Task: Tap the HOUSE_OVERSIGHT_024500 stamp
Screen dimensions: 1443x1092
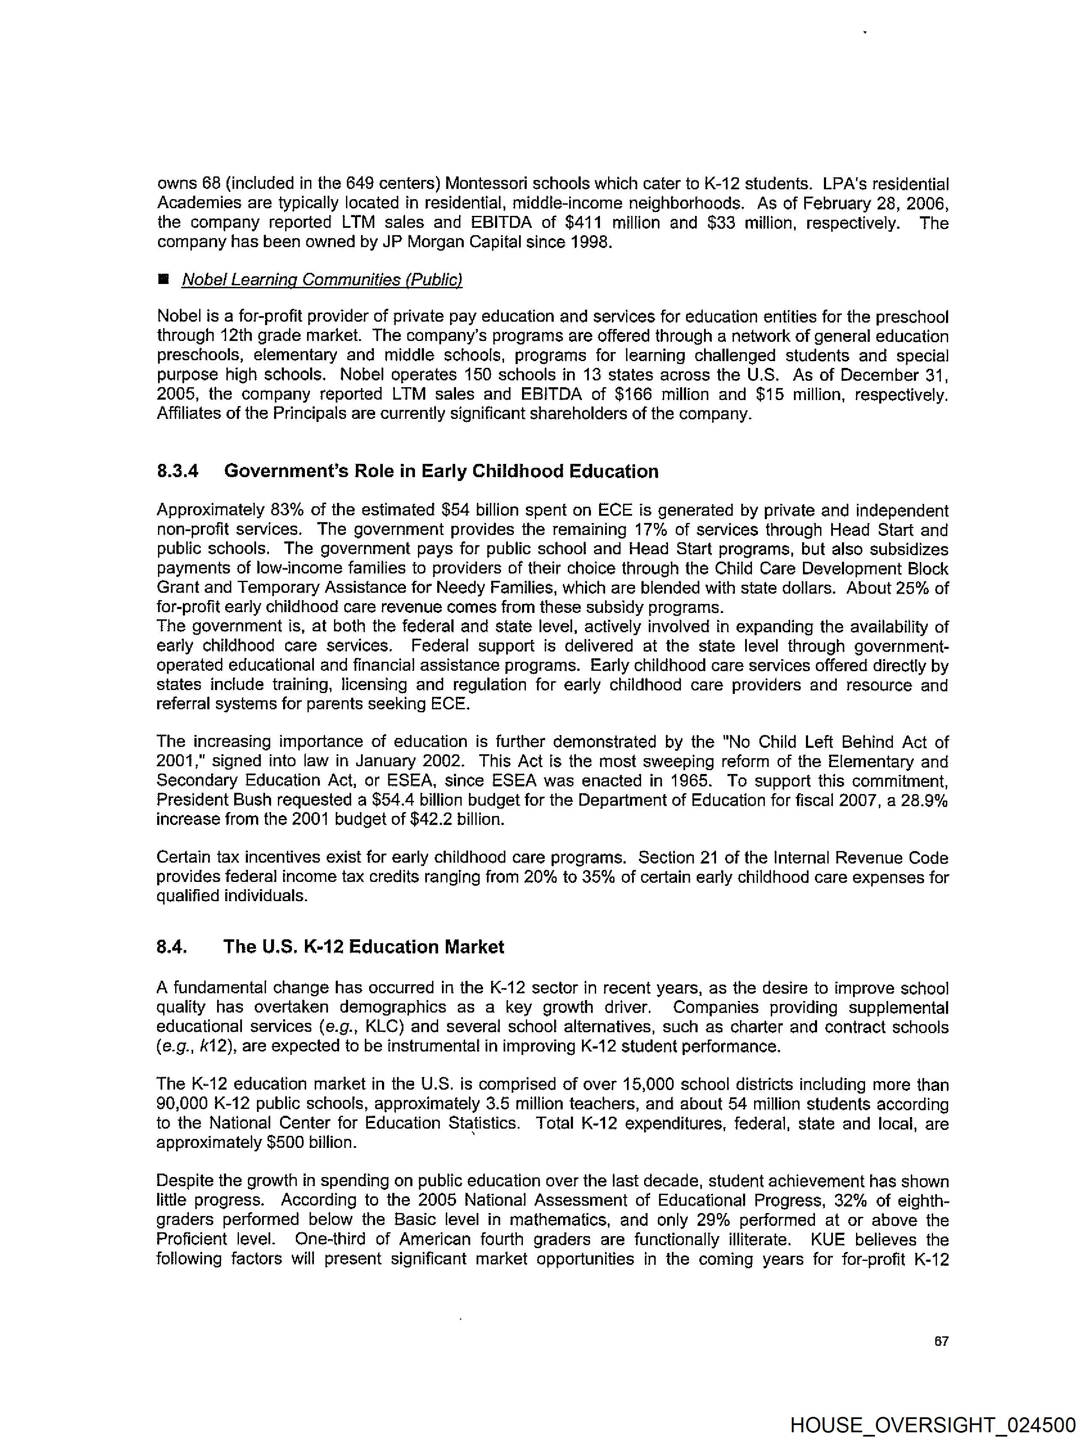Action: (932, 1425)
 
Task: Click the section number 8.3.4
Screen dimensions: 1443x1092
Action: (177, 471)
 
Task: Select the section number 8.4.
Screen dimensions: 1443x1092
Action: (172, 947)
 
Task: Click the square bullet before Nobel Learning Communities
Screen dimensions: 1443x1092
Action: (163, 279)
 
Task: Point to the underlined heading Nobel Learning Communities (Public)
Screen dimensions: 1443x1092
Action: (322, 280)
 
